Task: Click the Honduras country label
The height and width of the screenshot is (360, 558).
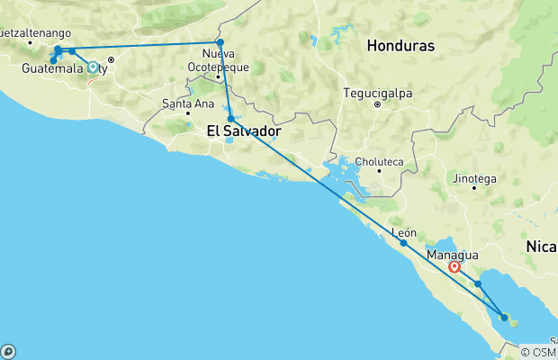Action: click(400, 46)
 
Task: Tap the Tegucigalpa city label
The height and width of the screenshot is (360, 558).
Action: click(377, 92)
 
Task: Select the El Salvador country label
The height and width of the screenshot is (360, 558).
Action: click(244, 131)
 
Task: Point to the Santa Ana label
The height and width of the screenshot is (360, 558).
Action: click(187, 103)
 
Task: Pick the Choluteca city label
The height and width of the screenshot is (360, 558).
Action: click(377, 162)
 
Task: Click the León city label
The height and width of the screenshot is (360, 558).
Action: click(404, 232)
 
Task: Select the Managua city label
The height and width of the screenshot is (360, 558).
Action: click(453, 256)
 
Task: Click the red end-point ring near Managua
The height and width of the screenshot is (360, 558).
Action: click(454, 266)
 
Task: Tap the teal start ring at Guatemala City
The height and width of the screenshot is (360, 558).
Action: click(93, 67)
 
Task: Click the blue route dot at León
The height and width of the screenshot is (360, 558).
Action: click(403, 243)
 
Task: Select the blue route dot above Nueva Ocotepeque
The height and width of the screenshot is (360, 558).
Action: click(220, 42)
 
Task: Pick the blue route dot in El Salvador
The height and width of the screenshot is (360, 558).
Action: click(231, 119)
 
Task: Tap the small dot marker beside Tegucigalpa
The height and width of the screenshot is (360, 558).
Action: click(377, 103)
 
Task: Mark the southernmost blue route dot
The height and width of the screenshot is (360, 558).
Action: click(504, 317)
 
